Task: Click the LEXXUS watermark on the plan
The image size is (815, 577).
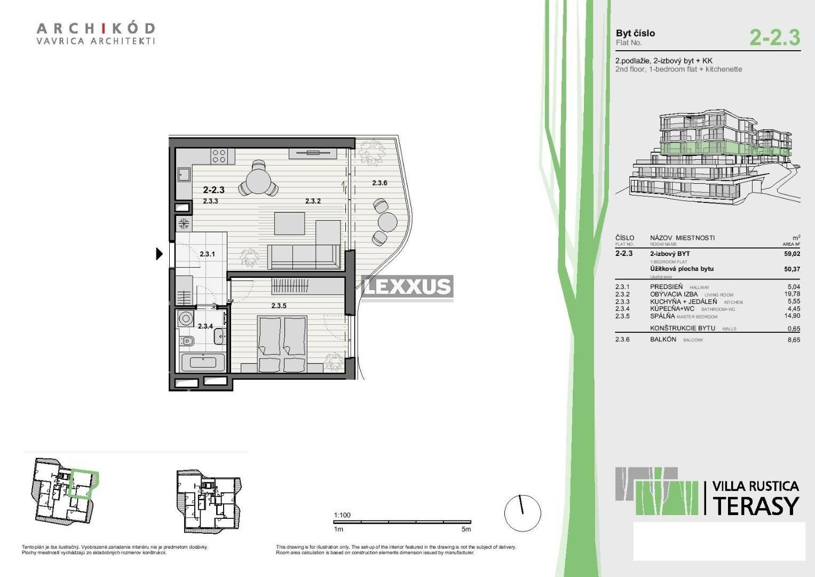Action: coord(408,287)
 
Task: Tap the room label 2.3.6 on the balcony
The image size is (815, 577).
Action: coord(379,183)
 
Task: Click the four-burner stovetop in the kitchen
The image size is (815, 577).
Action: coord(219,155)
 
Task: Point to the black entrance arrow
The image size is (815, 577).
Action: coord(159,254)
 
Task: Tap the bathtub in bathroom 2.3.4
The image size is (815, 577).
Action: coord(203,362)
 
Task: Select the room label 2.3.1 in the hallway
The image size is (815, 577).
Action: coord(207,254)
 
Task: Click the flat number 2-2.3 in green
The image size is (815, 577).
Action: coord(774,37)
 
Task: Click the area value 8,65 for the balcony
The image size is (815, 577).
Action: coord(794,340)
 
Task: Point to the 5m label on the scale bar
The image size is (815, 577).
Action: coord(466,529)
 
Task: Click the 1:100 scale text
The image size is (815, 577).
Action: coord(342,516)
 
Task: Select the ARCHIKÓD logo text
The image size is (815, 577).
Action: coord(96,28)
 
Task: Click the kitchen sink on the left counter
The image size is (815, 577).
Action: coord(184,174)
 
